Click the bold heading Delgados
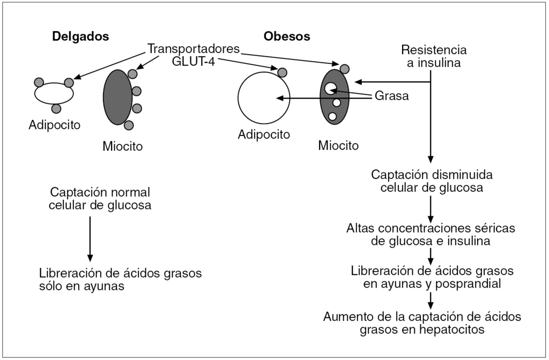coord(80,37)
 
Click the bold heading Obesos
coord(287,37)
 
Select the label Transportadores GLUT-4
coord(194,54)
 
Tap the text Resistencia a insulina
coord(434,56)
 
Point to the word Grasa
coord(392,96)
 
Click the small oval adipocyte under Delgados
coord(54,93)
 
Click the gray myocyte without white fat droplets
coord(118,97)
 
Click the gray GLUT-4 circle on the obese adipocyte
coord(282,72)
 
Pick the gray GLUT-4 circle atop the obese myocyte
coord(345,69)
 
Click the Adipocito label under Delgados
coord(55,125)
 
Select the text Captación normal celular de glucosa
coord(100,198)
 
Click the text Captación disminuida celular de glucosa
coord(432,181)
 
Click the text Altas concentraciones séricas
coord(431,228)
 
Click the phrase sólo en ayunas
coord(81,286)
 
